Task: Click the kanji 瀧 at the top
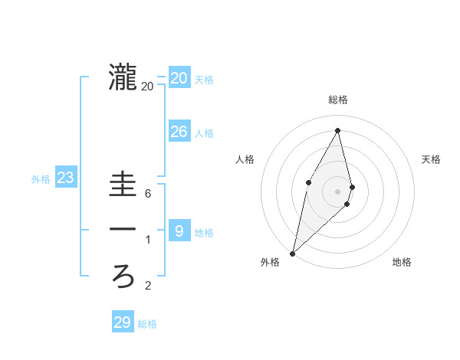point(123,77)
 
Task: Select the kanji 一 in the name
point(123,230)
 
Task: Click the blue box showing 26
point(179,132)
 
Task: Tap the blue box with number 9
point(179,231)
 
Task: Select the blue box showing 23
point(65,178)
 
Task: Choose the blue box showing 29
point(123,322)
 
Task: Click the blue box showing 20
point(179,78)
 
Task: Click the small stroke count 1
point(148,240)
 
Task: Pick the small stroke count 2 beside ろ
point(148,286)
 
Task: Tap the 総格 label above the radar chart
point(338,100)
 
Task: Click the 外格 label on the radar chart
point(270,262)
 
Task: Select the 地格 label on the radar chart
point(402,262)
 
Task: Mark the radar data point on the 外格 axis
point(292,253)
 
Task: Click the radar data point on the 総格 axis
point(338,130)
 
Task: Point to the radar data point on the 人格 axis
point(308,182)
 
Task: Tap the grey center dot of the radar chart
point(338,191)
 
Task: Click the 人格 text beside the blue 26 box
point(204,133)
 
